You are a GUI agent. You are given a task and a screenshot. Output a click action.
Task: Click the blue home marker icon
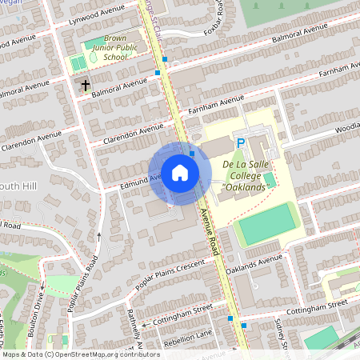click(180, 173)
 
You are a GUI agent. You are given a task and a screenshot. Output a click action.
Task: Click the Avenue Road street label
click(210, 232)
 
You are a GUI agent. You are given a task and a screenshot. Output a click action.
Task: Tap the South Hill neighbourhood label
click(18, 186)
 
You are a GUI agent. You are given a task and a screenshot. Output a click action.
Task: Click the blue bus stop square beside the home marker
click(192, 153)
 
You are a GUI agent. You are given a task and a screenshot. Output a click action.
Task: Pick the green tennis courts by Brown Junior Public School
click(78, 62)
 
